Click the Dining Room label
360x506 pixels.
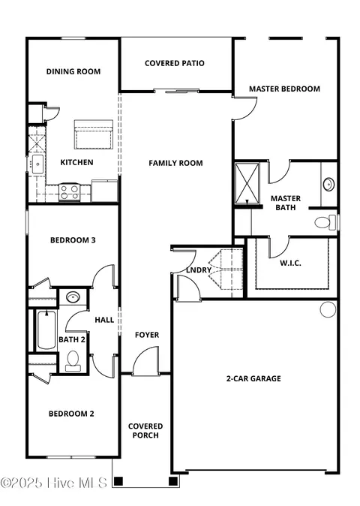tap(73, 72)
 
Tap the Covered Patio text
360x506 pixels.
tap(175, 64)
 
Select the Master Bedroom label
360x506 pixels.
tap(284, 89)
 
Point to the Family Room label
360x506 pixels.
tap(175, 163)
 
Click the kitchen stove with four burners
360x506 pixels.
tap(70, 192)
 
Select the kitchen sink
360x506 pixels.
tap(36, 164)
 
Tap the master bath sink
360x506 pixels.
tap(328, 184)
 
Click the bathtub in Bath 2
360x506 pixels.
tap(45, 331)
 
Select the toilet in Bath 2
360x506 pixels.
tap(73, 363)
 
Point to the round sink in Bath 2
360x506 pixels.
tap(72, 298)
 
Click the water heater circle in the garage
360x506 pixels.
tap(327, 309)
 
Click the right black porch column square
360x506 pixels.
tap(173, 480)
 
